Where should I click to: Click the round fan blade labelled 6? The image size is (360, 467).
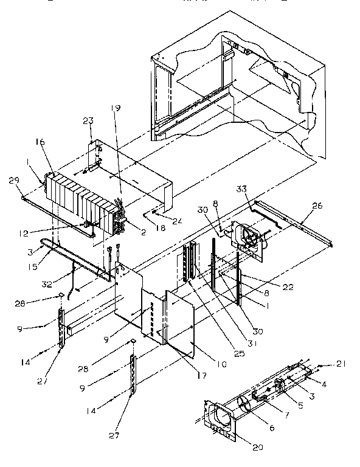[x=243, y=406]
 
